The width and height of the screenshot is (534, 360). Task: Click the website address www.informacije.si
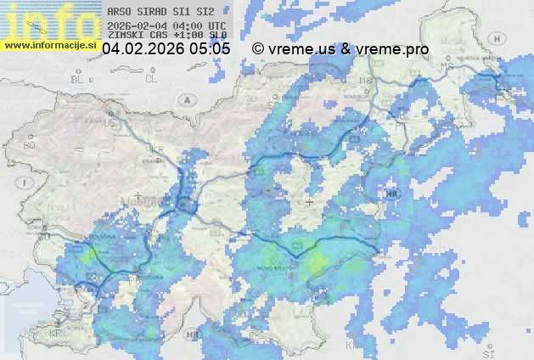pyautogui.click(x=50, y=45)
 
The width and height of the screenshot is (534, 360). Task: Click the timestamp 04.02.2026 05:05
pyautogui.click(x=166, y=49)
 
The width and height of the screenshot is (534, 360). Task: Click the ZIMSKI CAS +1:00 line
pyautogui.click(x=167, y=36)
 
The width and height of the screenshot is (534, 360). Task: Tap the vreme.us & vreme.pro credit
pyautogui.click(x=340, y=49)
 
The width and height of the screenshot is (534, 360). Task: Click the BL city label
pyautogui.click(x=79, y=79)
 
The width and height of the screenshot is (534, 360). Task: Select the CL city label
pyautogui.click(x=151, y=79)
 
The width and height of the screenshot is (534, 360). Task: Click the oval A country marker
pyautogui.click(x=186, y=99)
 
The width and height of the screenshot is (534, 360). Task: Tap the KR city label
pyautogui.click(x=157, y=149)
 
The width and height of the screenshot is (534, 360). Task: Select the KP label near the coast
pyautogui.click(x=56, y=334)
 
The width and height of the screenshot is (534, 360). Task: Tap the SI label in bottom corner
pyautogui.click(x=487, y=350)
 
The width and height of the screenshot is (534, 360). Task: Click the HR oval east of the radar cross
pyautogui.click(x=391, y=194)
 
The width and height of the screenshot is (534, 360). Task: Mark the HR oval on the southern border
pyautogui.click(x=193, y=335)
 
